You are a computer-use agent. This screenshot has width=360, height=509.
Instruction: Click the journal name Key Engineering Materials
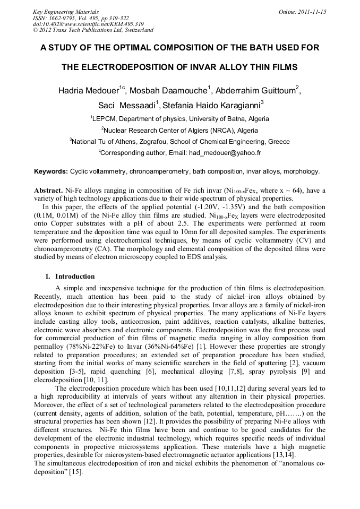(66, 12)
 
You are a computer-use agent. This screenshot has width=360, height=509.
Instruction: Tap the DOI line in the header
(88, 24)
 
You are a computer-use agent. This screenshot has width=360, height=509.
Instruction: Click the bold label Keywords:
(51, 171)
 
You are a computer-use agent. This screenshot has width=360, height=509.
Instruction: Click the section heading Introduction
(75, 277)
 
